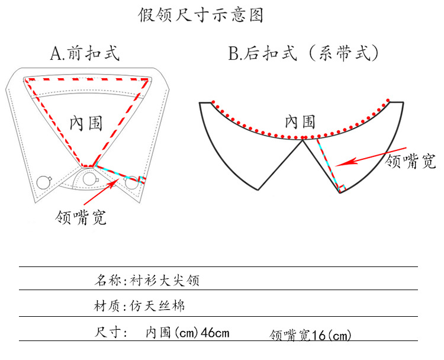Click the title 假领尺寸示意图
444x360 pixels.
click(x=201, y=15)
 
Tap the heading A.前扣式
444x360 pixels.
click(x=85, y=53)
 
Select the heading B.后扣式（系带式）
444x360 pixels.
click(x=303, y=53)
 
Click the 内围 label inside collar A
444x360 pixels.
click(x=86, y=123)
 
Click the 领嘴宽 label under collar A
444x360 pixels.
click(x=80, y=217)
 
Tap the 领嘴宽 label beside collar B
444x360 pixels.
click(x=410, y=161)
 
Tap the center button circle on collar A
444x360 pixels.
click(x=89, y=179)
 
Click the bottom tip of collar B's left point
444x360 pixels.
click(x=258, y=189)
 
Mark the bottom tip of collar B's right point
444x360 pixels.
click(x=340, y=191)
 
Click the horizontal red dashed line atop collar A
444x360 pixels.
click(x=86, y=79)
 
